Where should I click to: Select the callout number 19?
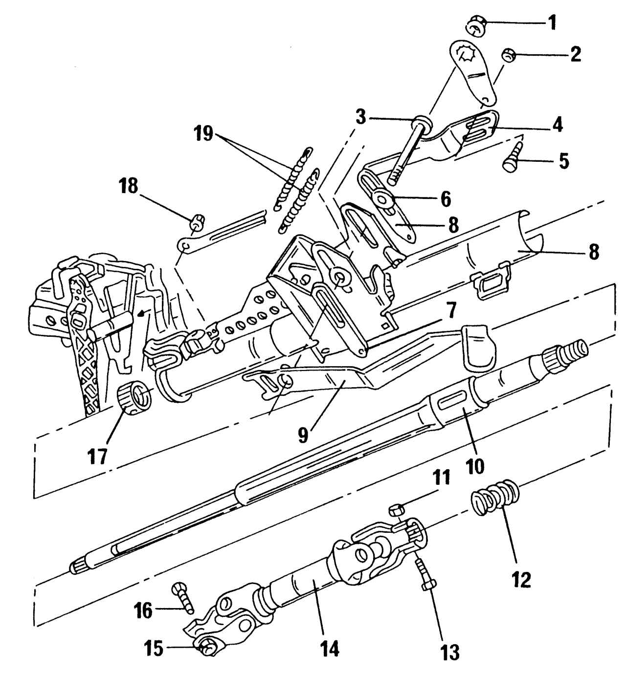(203, 133)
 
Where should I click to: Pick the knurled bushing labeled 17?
(134, 398)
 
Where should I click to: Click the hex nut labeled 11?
(396, 510)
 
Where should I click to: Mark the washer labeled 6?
(381, 198)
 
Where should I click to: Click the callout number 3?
(360, 117)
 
